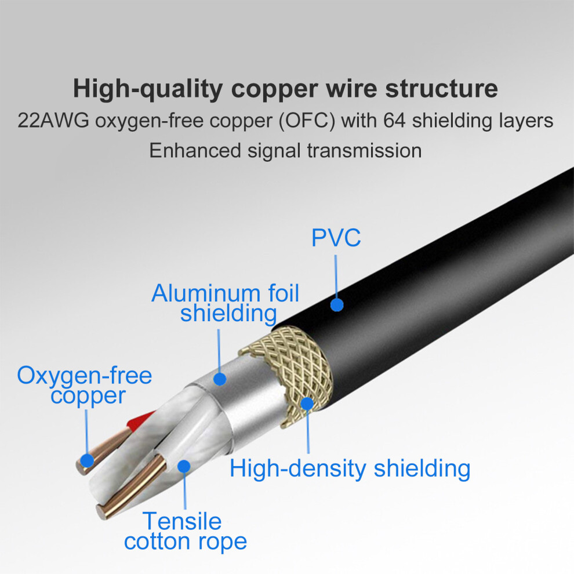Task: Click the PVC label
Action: [336, 238]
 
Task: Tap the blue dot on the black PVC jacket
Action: [337, 304]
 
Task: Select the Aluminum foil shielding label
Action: [226, 303]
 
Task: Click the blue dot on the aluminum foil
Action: [219, 379]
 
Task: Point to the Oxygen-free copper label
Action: [85, 386]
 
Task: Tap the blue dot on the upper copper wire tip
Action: [87, 460]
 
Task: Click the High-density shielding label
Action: [350, 468]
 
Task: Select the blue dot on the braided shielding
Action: [307, 404]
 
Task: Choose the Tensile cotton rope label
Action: [185, 532]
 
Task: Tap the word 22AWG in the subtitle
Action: [53, 121]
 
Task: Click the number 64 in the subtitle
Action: [394, 121]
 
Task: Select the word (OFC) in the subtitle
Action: [307, 121]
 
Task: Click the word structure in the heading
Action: [441, 89]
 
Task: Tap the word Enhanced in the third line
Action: [195, 150]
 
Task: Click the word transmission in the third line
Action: [364, 151]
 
